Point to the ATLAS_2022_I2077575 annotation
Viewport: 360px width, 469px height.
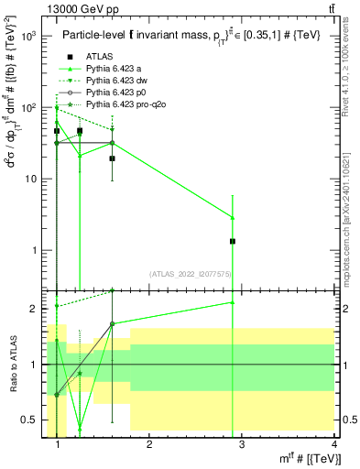191,274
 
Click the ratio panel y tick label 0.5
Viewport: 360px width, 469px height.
33,420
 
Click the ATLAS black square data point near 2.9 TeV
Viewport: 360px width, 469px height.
233,241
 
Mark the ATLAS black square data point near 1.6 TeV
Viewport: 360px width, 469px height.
112,158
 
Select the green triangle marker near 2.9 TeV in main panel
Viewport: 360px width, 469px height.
233,217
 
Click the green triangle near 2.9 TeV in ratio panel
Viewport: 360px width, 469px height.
233,302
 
